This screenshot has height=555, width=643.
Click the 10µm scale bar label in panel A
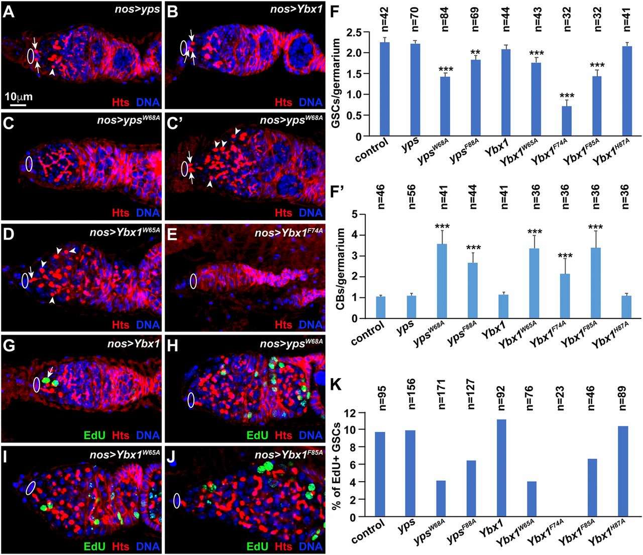point(19,96)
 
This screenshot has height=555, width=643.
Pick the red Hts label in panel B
point(282,102)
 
